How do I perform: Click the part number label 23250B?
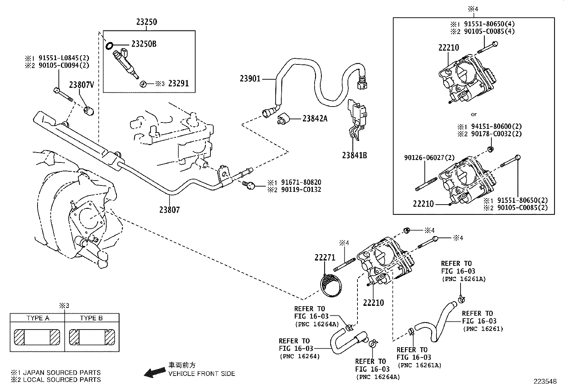[x=143, y=44]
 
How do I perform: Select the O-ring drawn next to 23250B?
[x=109, y=45]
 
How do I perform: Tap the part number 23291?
[x=178, y=84]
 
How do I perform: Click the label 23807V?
[x=81, y=85]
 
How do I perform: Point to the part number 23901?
[x=250, y=79]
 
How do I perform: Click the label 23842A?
[x=315, y=119]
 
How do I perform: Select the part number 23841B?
[x=354, y=155]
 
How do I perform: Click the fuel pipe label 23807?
[x=169, y=210]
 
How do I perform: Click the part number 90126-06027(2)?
[x=424, y=158]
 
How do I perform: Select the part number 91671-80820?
[x=301, y=182]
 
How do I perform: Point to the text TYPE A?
[x=38, y=318]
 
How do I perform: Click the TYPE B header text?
[x=91, y=318]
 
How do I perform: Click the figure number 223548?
[x=546, y=382]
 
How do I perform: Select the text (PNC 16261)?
[x=483, y=329]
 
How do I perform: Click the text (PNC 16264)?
[x=299, y=356]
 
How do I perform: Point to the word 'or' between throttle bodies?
[x=474, y=114]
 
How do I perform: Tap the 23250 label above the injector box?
[x=146, y=22]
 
